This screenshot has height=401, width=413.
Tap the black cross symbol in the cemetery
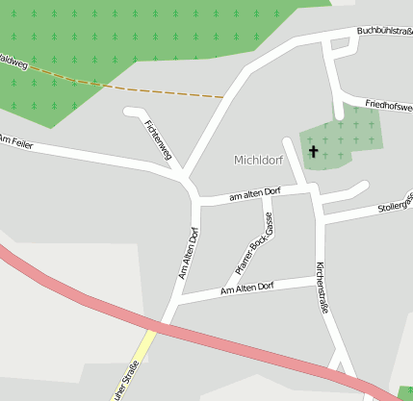pyautogui.click(x=313, y=151)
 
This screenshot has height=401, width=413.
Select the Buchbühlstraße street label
pyautogui.click(x=384, y=31)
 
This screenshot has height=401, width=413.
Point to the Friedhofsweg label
pyautogui.click(x=389, y=105)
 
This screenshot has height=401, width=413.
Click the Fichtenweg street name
pyautogui.click(x=158, y=140)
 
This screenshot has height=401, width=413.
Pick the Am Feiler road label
pyautogui.click(x=16, y=141)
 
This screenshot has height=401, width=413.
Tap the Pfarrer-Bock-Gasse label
pyautogui.click(x=255, y=244)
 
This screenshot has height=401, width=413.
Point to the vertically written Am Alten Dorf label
pyautogui.click(x=187, y=253)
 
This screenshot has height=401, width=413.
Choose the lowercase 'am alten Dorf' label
pyautogui.click(x=254, y=194)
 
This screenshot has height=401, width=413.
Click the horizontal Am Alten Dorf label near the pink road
pyautogui.click(x=247, y=288)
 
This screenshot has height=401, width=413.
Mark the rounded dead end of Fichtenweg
pyautogui.click(x=129, y=112)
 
